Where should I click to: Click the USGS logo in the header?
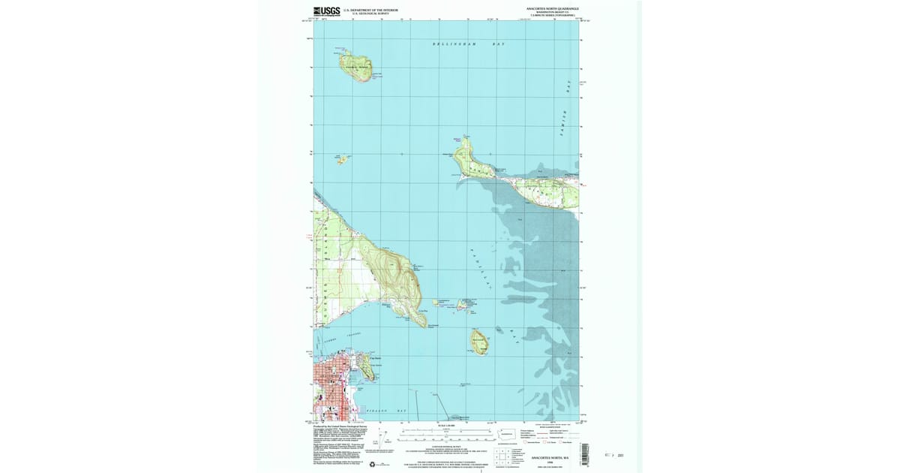[x=326, y=11]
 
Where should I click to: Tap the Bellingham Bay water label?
[x=469, y=45]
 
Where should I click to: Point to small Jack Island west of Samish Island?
[x=341, y=159]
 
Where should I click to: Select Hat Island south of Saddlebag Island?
[x=478, y=342]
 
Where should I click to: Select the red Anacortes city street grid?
[x=330, y=390]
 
